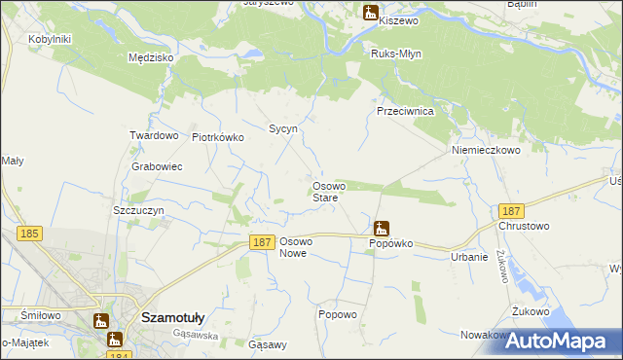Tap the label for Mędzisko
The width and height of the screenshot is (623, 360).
[x=151, y=57]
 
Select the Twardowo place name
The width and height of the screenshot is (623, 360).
[x=154, y=136]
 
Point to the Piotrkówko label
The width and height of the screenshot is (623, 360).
[x=218, y=137]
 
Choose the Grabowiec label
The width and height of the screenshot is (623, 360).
[x=158, y=166]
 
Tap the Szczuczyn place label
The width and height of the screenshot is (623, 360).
[x=137, y=210]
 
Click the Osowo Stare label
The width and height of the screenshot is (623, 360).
[x=325, y=192]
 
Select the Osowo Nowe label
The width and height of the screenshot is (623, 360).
[x=294, y=246]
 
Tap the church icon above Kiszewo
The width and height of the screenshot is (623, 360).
[x=370, y=13]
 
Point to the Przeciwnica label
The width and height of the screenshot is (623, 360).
[x=405, y=111]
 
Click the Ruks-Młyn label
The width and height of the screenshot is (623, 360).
[x=395, y=54]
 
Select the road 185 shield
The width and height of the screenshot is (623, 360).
[x=29, y=234]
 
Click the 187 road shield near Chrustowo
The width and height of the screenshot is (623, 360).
[x=510, y=211]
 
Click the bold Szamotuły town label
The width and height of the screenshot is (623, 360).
[x=172, y=317]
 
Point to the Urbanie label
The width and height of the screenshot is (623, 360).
[x=469, y=257]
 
